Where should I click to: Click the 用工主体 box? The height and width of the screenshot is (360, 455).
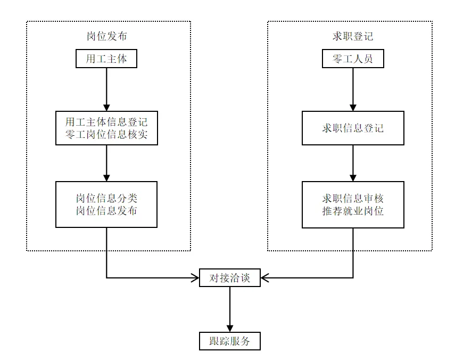click(106, 59)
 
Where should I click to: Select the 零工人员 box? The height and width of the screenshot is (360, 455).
click(352, 59)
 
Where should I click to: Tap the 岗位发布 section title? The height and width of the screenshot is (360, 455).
click(106, 37)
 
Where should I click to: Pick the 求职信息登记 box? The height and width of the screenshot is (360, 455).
click(352, 128)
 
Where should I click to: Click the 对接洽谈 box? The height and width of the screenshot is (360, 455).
click(230, 277)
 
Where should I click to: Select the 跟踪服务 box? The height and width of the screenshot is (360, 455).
click(230, 341)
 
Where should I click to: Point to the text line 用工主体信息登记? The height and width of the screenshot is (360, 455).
click(106, 121)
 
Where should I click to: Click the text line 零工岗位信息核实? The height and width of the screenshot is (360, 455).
click(106, 135)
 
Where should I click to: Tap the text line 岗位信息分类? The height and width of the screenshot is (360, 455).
click(106, 198)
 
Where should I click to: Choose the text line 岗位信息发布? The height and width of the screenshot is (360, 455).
click(106, 211)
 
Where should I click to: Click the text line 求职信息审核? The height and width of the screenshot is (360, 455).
click(352, 198)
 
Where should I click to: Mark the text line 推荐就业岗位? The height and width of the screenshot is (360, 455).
click(352, 211)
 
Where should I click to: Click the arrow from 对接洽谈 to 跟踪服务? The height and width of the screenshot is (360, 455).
click(230, 309)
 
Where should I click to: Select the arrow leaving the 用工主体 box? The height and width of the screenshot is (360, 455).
click(106, 88)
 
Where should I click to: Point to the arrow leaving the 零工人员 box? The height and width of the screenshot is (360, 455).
click(352, 88)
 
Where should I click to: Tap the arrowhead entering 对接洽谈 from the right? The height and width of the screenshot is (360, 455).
click(265, 277)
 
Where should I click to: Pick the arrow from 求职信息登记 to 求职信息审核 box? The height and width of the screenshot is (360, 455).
click(352, 163)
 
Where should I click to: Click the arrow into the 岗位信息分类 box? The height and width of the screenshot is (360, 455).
click(106, 163)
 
